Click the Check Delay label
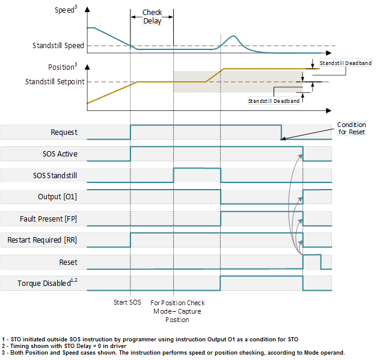click(152, 17)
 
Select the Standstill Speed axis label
click(58, 45)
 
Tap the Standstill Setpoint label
click(55, 81)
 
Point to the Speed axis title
click(67, 10)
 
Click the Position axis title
click(62, 67)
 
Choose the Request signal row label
click(64, 132)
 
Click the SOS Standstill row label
click(55, 176)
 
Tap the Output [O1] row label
click(57, 197)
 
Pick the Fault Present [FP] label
click(50, 219)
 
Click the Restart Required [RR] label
click(42, 240)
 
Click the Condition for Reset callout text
click(351, 128)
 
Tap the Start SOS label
click(127, 302)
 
